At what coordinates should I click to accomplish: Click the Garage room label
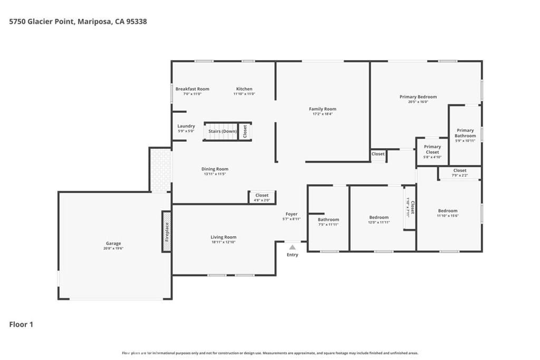coord(113,244)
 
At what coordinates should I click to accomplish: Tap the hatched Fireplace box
coord(166,231)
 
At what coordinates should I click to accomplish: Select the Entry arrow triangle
coord(292,247)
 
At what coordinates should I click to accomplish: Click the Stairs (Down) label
coord(223,131)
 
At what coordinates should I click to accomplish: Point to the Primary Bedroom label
coord(418,97)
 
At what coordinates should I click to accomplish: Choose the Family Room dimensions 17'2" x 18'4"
coord(322,114)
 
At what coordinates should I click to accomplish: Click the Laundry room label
coord(186,126)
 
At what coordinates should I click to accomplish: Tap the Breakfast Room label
coord(192,89)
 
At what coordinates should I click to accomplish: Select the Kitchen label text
coord(244,89)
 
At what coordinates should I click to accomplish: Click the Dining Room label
coord(215,169)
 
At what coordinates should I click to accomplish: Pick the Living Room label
coord(223,237)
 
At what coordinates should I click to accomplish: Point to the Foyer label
coord(292,214)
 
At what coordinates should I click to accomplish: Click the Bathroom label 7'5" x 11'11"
coord(328,222)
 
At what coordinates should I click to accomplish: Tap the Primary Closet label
coord(432,149)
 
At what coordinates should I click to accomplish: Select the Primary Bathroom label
coord(465,133)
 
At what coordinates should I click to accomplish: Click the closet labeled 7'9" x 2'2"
coord(460,173)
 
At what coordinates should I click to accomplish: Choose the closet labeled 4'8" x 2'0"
coord(262,198)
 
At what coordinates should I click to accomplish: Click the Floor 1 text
coord(21,325)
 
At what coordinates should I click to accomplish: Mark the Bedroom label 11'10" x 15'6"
coord(448,213)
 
